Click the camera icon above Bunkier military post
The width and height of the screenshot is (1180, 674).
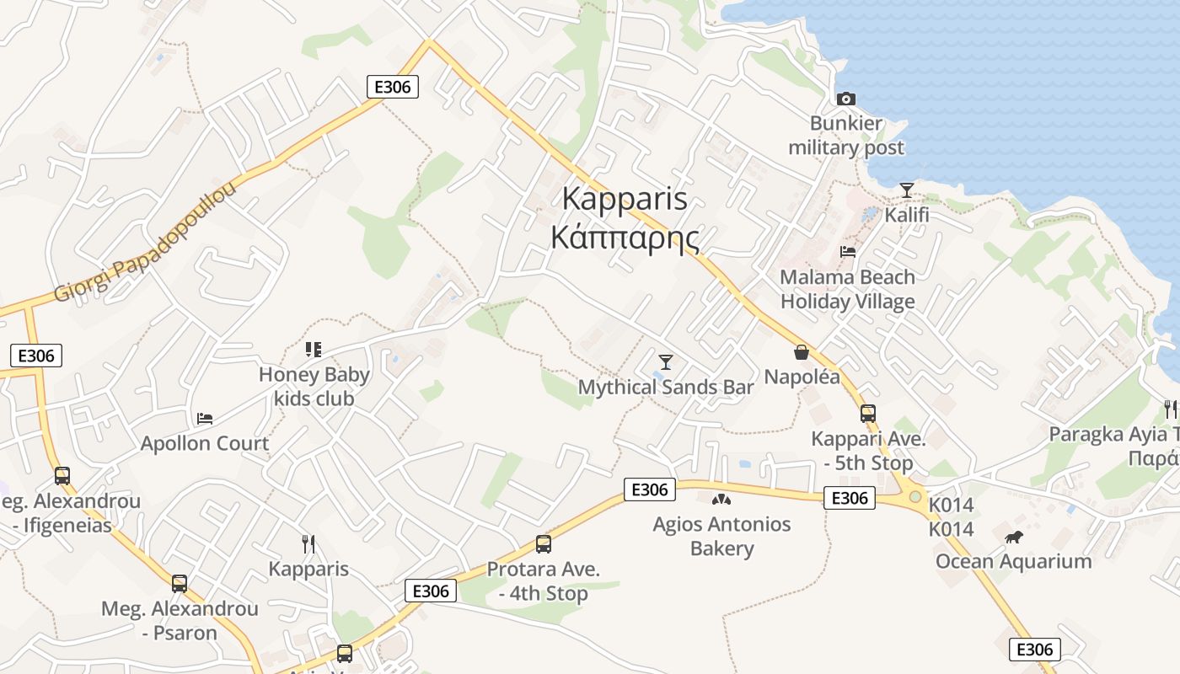click(846, 99)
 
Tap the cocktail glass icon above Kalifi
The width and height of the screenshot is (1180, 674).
click(906, 190)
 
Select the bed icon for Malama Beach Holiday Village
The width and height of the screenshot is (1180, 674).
click(848, 252)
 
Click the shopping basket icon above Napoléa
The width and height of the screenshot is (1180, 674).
click(802, 351)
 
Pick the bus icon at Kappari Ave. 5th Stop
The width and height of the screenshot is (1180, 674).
click(867, 414)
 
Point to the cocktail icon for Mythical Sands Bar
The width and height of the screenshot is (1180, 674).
click(666, 362)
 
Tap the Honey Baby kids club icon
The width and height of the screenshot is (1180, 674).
click(314, 350)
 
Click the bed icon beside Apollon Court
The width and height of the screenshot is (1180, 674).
click(205, 418)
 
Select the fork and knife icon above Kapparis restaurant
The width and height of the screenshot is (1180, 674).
click(308, 544)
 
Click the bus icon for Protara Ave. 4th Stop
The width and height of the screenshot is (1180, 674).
click(544, 544)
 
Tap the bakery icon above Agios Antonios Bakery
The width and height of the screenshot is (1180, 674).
click(721, 500)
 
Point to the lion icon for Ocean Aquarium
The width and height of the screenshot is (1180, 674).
click(1013, 537)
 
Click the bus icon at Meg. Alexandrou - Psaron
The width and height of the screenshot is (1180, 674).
click(180, 583)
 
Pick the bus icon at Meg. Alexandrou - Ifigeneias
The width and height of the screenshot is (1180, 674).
click(62, 476)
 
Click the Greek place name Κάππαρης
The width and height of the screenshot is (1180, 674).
click(625, 238)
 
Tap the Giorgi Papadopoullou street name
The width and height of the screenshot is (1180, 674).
click(145, 243)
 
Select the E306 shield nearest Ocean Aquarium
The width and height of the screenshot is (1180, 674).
click(1034, 649)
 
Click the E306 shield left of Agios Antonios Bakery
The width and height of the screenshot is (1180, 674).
click(649, 489)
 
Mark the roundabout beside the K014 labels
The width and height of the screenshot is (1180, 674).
click(915, 496)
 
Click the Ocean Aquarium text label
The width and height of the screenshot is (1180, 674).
click(1013, 561)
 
